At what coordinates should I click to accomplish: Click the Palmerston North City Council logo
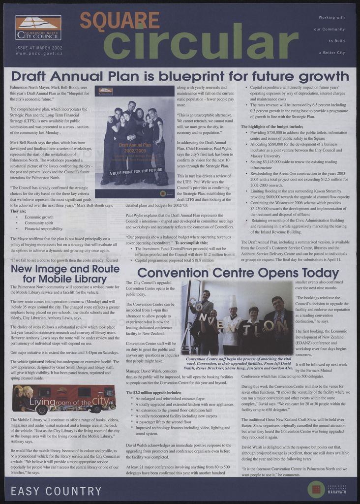click(38, 28)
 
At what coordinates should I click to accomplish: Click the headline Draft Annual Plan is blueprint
click(180, 76)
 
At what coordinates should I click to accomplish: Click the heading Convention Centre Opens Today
click(238, 273)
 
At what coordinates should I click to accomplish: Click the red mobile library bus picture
click(64, 399)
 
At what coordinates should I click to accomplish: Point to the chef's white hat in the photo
click(234, 301)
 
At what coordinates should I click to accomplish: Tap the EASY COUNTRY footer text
click(56, 491)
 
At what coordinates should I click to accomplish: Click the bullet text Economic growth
click(39, 217)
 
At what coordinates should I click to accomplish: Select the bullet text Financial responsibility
click(44, 229)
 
